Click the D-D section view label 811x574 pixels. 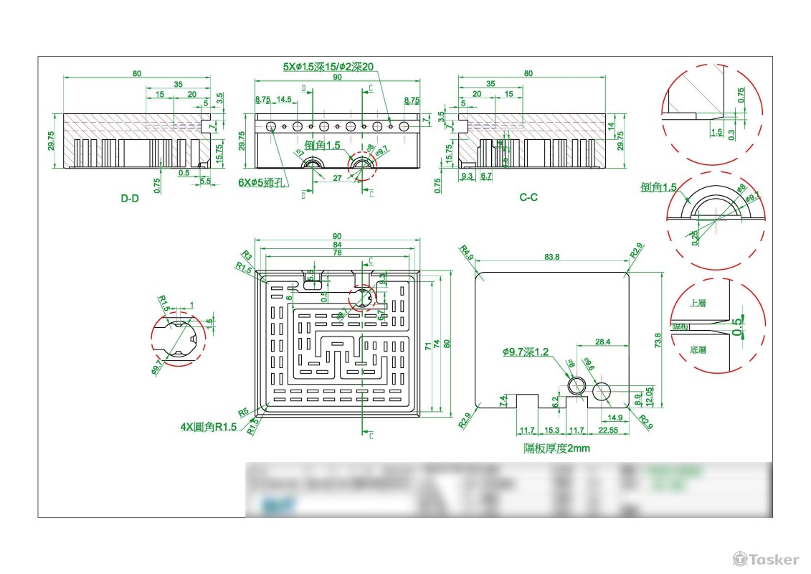(129, 198)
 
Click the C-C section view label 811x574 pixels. (528, 197)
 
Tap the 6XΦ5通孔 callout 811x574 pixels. (262, 183)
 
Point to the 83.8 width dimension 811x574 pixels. (552, 257)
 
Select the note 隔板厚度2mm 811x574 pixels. (556, 448)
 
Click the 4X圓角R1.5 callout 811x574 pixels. (208, 427)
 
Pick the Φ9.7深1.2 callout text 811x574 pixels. (525, 352)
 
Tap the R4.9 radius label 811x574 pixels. (467, 253)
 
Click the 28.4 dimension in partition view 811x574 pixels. (603, 342)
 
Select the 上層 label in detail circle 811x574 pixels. (697, 304)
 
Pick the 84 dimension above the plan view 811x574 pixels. (336, 245)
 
